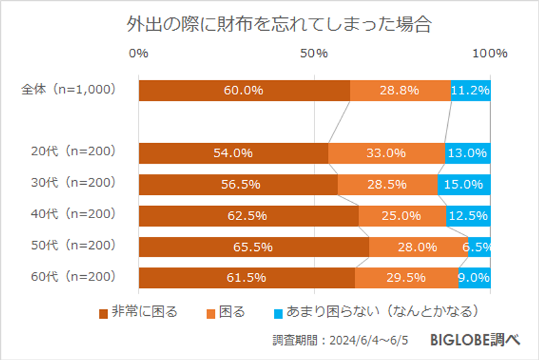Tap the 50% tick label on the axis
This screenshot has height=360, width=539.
[314, 53]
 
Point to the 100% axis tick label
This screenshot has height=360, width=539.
[490, 53]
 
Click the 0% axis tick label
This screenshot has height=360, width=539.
[139, 53]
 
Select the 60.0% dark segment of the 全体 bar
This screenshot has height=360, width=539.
[244, 90]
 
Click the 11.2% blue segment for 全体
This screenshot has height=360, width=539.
[470, 90]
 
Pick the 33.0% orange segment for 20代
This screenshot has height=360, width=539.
[386, 153]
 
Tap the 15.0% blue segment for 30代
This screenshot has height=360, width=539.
[464, 185]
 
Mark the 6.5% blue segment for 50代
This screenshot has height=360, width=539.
[479, 247]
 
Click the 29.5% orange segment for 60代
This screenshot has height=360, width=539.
[406, 278]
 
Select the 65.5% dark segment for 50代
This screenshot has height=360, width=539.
[253, 247]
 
